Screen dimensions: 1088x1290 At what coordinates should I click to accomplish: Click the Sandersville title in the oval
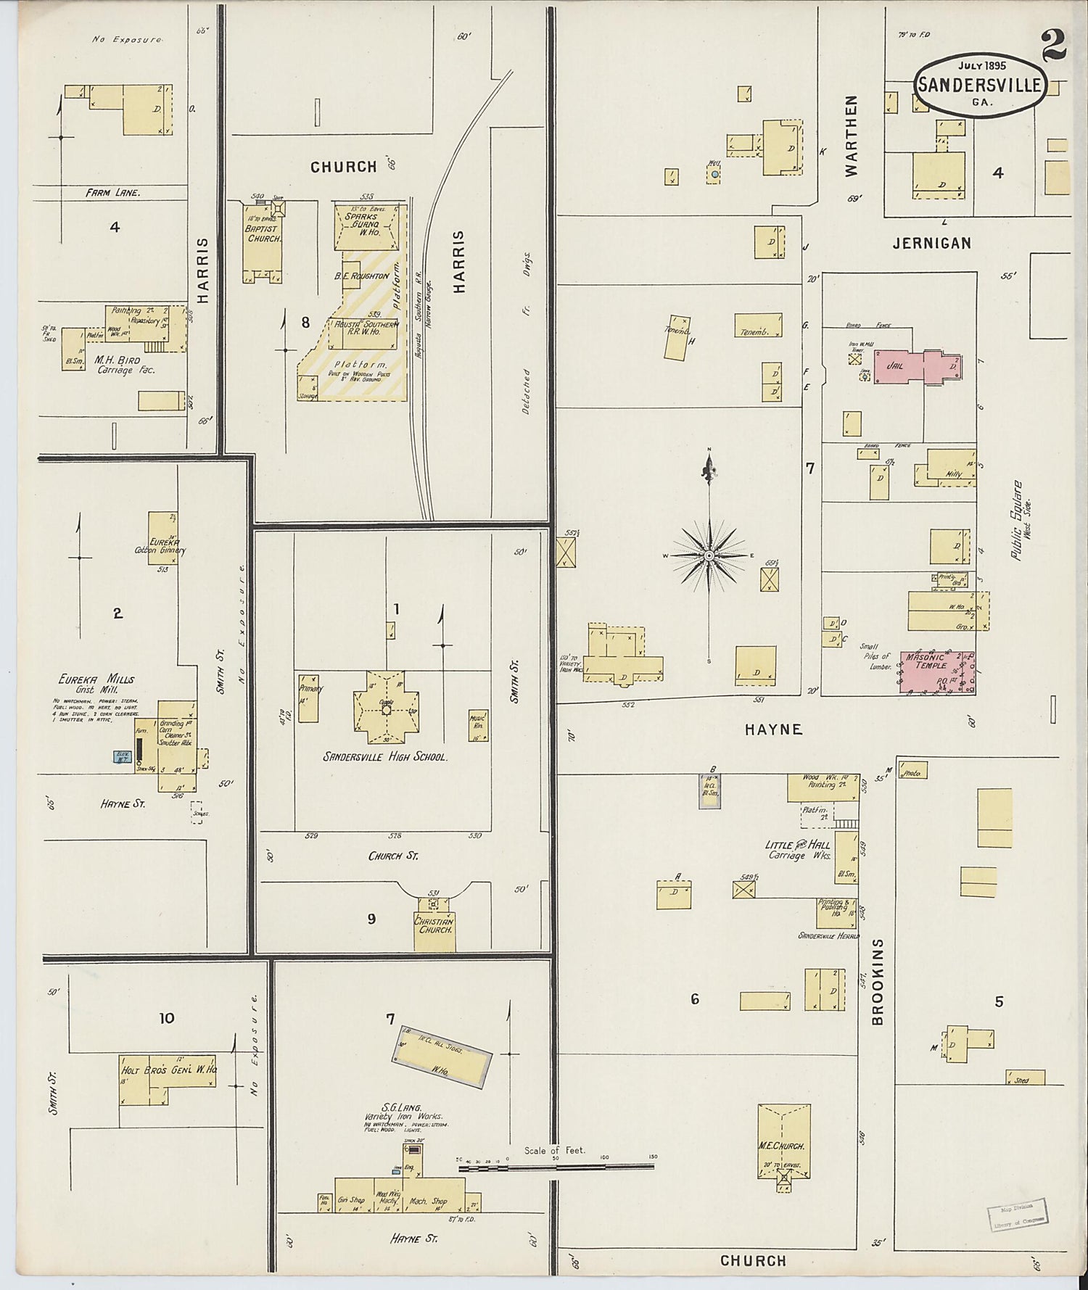(x=979, y=85)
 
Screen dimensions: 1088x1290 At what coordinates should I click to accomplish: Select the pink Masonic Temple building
(x=936, y=671)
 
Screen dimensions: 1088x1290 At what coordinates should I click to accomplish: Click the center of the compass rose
(x=709, y=555)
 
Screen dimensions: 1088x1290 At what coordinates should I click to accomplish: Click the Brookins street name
(x=878, y=982)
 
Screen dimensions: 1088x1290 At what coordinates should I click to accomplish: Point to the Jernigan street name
(x=931, y=244)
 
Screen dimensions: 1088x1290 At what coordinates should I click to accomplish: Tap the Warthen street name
(x=852, y=136)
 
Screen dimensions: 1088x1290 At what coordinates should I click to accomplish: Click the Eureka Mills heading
(x=98, y=679)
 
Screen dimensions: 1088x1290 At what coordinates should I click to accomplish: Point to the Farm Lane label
(x=112, y=193)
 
